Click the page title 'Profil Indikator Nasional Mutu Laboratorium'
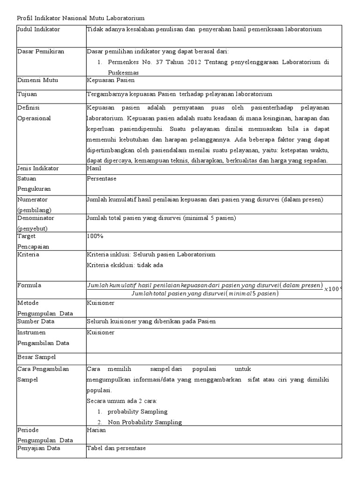click(x=81, y=18)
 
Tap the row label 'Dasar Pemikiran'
click(x=41, y=51)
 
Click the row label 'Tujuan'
click(x=27, y=94)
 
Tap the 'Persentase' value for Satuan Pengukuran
click(x=102, y=179)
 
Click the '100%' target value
click(x=95, y=236)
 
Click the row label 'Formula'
click(x=29, y=285)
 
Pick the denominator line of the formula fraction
click(x=205, y=294)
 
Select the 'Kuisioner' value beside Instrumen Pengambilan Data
click(x=100, y=332)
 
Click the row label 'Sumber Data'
click(x=36, y=322)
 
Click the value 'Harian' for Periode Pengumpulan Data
click(x=97, y=430)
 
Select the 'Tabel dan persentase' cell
click(x=116, y=448)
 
